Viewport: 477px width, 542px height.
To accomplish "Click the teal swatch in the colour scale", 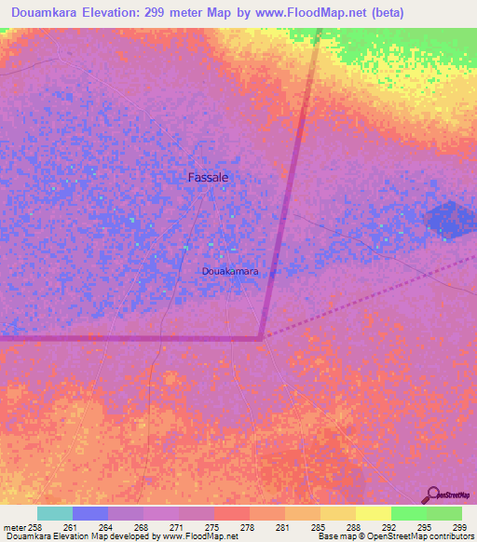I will [55, 513].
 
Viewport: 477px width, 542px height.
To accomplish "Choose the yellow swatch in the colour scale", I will [373, 513].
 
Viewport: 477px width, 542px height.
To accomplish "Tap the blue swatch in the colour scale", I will [90, 513].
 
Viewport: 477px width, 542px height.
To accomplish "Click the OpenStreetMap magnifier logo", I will [434, 495].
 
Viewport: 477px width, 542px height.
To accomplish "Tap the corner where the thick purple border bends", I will [262, 337].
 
